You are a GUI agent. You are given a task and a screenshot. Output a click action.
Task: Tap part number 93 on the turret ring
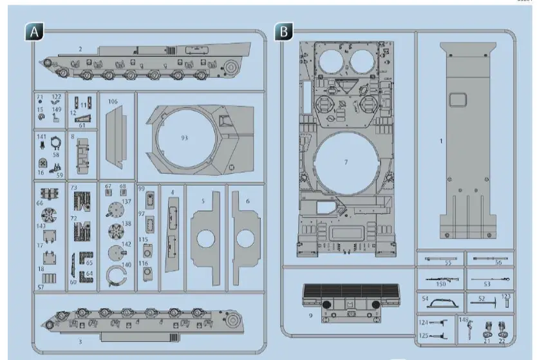184,138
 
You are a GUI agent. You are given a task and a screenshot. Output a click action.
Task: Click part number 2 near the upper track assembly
80,49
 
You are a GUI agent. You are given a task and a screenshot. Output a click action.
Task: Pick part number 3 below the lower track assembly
80,341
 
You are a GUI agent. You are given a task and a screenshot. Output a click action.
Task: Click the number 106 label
113,101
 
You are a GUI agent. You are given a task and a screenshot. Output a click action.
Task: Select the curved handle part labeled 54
443,301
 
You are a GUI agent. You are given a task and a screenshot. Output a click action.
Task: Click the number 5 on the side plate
203,201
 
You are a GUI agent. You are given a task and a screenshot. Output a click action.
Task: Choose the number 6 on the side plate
248,201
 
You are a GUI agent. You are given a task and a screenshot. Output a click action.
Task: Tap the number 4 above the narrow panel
172,193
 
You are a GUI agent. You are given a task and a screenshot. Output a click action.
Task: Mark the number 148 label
464,319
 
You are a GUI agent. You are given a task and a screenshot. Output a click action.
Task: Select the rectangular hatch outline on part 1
458,99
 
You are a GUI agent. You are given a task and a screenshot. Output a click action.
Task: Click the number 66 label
40,203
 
